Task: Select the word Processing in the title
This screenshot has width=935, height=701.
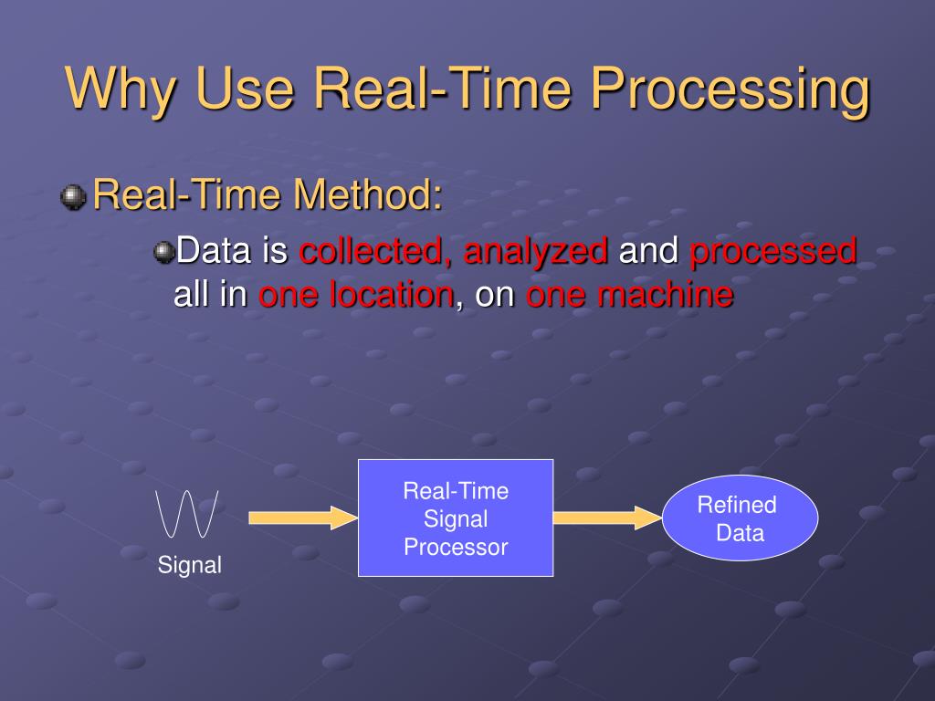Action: click(728, 90)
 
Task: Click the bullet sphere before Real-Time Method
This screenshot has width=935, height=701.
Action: click(73, 195)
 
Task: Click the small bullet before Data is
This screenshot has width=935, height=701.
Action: click(163, 252)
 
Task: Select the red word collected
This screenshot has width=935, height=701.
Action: click(373, 251)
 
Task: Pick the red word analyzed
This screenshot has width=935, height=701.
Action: click(536, 251)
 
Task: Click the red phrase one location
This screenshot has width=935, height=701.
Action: click(356, 295)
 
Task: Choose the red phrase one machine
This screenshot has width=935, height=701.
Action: click(629, 295)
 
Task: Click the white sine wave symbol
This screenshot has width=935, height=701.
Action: click(187, 514)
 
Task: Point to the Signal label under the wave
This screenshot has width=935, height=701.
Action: click(190, 566)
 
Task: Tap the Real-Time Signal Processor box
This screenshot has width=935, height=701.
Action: click(456, 518)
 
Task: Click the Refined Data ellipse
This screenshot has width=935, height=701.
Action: click(740, 518)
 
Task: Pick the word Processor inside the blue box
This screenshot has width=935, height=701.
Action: click(456, 548)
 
